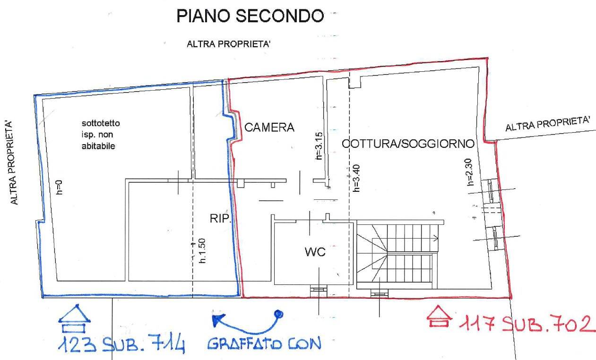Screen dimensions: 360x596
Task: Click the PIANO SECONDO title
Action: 250,17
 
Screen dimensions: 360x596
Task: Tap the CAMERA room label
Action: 269,127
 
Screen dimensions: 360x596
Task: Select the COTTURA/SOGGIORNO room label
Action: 408,143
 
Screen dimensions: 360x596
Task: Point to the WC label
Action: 315,252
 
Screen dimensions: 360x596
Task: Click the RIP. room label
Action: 220,219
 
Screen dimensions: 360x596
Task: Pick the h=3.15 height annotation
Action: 319,147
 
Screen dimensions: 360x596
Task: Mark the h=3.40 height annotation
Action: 356,178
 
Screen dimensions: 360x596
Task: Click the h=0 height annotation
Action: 59,188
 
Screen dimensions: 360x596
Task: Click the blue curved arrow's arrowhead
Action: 217,320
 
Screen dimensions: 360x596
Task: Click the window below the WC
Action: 318,291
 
